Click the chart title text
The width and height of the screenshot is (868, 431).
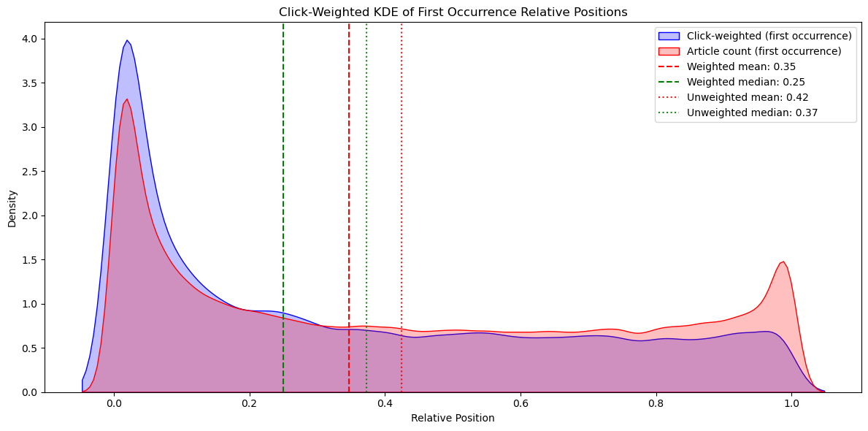[453, 12]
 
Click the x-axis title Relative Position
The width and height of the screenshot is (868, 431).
[453, 418]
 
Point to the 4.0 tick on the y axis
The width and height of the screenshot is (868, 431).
[29, 39]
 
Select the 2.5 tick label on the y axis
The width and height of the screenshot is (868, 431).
[29, 171]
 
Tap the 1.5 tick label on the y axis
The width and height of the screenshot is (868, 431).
[29, 259]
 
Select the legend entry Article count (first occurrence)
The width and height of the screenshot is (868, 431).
[764, 51]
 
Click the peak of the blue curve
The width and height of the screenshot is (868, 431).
[127, 41]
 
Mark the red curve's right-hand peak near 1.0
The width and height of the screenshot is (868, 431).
[783, 262]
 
